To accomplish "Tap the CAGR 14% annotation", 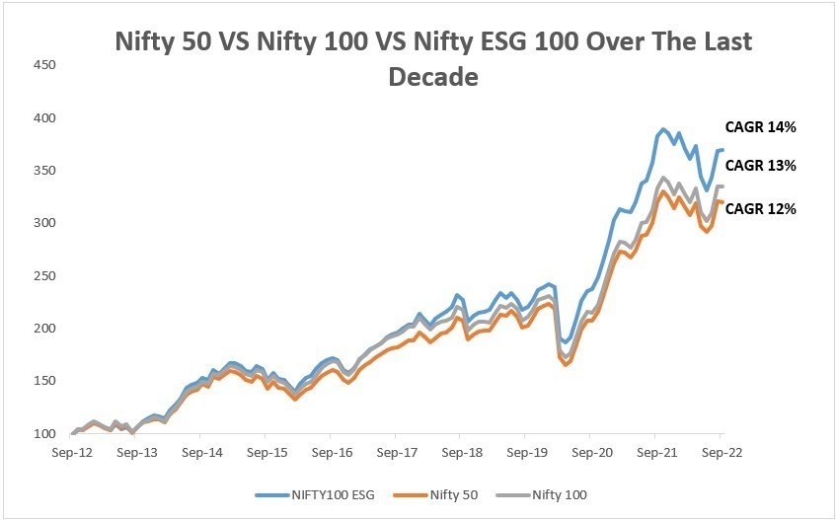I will [x=760, y=126].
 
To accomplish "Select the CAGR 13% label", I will [x=760, y=166].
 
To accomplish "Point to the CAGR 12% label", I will [x=760, y=208].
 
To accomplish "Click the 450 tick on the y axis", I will [x=43, y=65].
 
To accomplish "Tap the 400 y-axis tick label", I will [x=43, y=118].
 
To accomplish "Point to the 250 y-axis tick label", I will [x=43, y=276].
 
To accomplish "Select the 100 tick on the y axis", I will [x=43, y=434].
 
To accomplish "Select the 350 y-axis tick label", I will [x=43, y=171].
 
